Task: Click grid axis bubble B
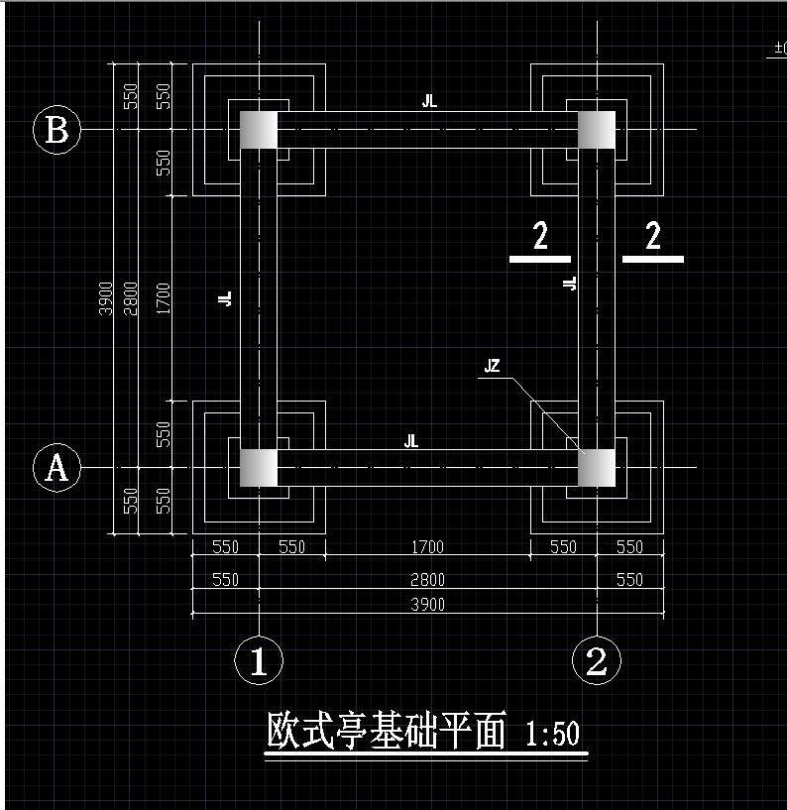pyautogui.click(x=56, y=130)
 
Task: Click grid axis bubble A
pyautogui.click(x=56, y=467)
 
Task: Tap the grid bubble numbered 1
pyautogui.click(x=259, y=660)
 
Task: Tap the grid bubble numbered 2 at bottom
pyautogui.click(x=596, y=660)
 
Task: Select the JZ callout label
pyautogui.click(x=492, y=367)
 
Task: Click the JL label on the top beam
pyautogui.click(x=428, y=101)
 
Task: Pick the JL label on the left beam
pyautogui.click(x=225, y=297)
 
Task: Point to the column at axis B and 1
pyautogui.click(x=259, y=130)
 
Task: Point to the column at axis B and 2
pyautogui.click(x=596, y=130)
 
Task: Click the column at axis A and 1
pyautogui.click(x=259, y=467)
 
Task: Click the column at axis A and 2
pyautogui.click(x=596, y=467)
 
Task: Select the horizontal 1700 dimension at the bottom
pyautogui.click(x=428, y=546)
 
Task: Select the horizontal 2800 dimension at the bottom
pyautogui.click(x=428, y=579)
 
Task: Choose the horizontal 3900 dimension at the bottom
pyautogui.click(x=428, y=604)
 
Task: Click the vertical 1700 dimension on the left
pyautogui.click(x=165, y=297)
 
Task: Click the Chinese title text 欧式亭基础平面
pyautogui.click(x=387, y=733)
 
